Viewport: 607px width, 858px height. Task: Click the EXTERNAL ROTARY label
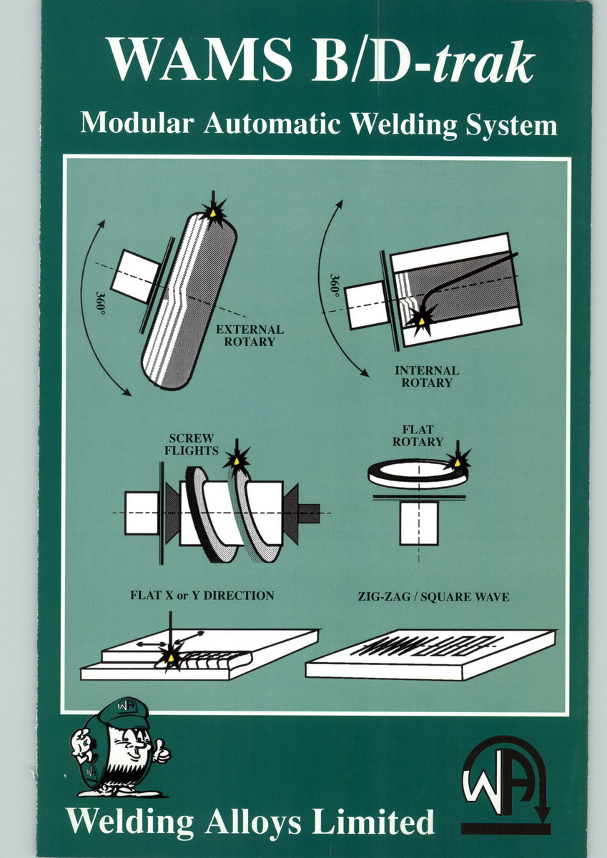pos(250,336)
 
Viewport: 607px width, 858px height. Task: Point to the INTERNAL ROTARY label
pos(427,377)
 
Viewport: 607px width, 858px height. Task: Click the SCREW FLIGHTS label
pos(191,444)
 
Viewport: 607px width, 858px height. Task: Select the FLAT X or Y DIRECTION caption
pos(202,595)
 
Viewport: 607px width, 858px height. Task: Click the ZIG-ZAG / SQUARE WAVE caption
pos(433,596)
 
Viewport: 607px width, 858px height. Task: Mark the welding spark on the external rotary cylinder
pos(212,209)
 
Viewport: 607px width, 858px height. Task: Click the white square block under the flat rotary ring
pos(418,523)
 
